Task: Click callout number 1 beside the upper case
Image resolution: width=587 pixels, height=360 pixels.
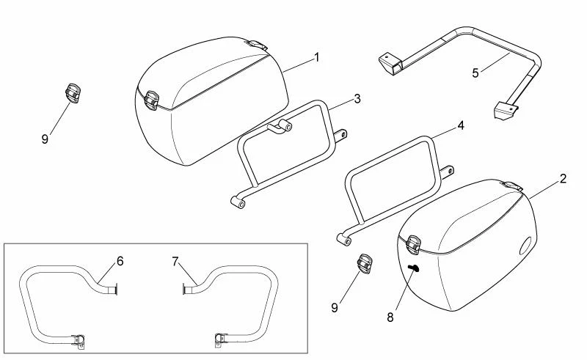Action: [317, 58]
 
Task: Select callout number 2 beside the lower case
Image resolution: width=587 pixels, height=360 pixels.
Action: [563, 178]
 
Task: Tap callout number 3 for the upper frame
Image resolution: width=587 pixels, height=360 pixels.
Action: [357, 99]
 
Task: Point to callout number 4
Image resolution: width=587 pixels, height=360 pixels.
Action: [461, 125]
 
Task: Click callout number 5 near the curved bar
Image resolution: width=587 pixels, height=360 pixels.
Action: [475, 73]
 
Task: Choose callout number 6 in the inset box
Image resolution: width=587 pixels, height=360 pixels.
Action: [120, 261]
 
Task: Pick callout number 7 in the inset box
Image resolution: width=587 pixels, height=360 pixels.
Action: [175, 261]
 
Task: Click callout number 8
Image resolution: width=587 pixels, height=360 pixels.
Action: [390, 317]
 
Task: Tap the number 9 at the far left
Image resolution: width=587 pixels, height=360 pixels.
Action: [45, 139]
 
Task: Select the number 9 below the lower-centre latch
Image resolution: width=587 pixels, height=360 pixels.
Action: [335, 308]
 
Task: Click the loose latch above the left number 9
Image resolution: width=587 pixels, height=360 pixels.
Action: [73, 93]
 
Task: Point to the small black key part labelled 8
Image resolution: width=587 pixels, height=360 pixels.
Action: [414, 268]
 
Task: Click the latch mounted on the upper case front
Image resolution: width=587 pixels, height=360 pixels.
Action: [152, 100]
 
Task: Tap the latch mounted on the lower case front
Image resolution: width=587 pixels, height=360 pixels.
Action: [414, 245]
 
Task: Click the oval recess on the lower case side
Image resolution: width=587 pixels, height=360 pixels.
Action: [525, 246]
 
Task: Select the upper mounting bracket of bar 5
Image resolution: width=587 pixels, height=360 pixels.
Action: [390, 65]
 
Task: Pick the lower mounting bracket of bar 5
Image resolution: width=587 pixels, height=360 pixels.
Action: [506, 111]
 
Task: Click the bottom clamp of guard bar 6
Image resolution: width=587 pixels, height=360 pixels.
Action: [79, 340]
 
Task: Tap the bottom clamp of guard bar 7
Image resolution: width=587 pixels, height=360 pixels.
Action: [222, 339]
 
